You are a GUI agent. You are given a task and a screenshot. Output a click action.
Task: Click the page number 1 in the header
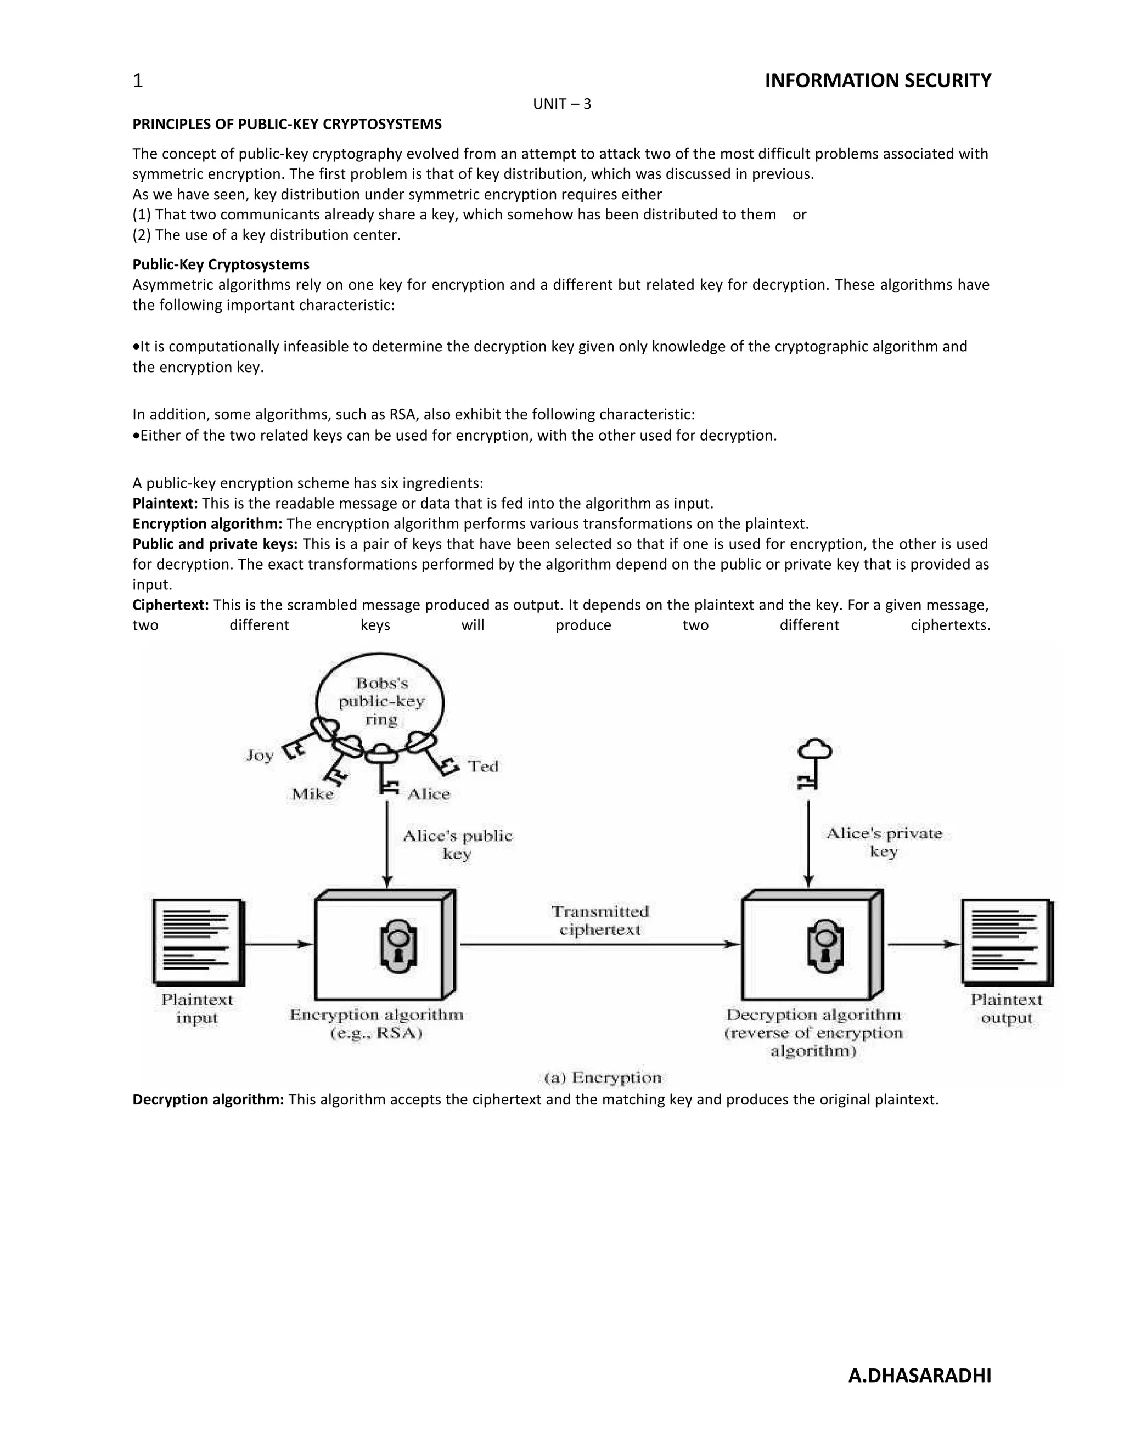(x=138, y=81)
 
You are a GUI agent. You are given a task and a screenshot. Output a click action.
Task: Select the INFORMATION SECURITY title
(x=877, y=81)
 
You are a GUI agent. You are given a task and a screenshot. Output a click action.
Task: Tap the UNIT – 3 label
(x=561, y=104)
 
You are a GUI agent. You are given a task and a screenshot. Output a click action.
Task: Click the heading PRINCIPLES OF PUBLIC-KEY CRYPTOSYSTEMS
(x=286, y=125)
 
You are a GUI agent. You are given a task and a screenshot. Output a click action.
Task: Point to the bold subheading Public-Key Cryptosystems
(x=221, y=264)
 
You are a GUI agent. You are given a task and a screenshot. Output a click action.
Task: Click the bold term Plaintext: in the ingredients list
(x=165, y=503)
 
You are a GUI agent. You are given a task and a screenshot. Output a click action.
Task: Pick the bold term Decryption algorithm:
(x=208, y=1099)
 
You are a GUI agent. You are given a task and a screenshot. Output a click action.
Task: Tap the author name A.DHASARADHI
(x=919, y=1376)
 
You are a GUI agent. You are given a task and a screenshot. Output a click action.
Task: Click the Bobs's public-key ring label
(x=381, y=701)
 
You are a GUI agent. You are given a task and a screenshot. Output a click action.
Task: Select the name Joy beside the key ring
(x=260, y=755)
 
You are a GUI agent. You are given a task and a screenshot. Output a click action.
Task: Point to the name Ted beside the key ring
(x=483, y=767)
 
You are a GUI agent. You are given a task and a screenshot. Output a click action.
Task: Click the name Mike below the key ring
(x=312, y=794)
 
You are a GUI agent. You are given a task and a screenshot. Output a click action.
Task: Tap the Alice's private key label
(x=884, y=842)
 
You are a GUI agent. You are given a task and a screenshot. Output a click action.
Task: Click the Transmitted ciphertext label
(x=599, y=920)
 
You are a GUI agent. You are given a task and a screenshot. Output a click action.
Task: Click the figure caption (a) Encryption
(x=603, y=1078)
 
